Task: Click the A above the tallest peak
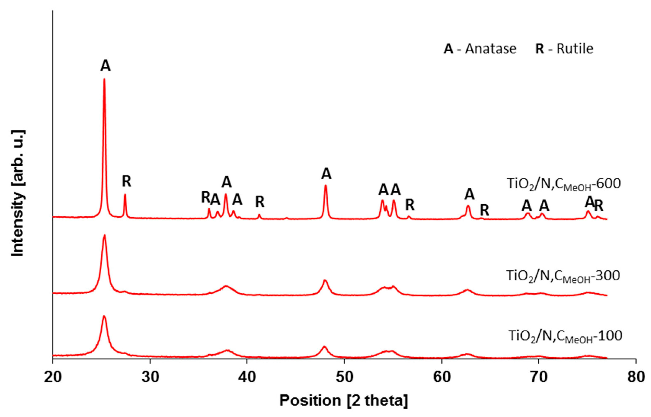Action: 105,66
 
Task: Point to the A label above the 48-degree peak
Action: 326,174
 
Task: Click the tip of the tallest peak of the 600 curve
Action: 104,79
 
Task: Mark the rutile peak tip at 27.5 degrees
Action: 125,195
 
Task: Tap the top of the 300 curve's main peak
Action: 105,235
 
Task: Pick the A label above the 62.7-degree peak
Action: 470,195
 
